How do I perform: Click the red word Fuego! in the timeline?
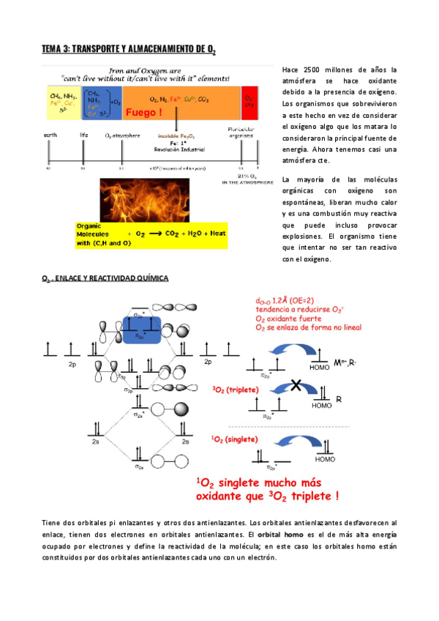tap(144, 114)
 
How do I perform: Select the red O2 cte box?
tap(249, 102)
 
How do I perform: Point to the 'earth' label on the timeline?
tap(50, 135)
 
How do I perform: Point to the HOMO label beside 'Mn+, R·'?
tap(320, 366)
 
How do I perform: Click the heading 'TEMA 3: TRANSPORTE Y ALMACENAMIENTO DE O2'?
tap(128, 49)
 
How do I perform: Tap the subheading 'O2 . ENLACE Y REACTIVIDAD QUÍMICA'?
tap(105, 278)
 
